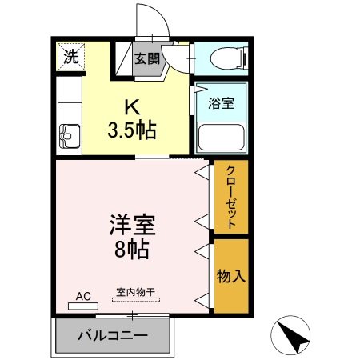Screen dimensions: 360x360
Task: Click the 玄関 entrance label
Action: [x=146, y=58]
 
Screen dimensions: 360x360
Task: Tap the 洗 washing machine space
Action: [x=70, y=58]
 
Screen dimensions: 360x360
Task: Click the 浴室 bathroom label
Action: [x=221, y=103]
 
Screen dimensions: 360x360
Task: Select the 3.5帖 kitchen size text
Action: [x=132, y=129]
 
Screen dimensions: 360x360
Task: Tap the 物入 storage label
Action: [x=230, y=276]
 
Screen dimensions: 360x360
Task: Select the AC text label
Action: [x=84, y=296]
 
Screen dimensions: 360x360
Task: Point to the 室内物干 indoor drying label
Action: [x=135, y=292]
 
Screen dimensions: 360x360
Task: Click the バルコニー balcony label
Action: [x=112, y=334]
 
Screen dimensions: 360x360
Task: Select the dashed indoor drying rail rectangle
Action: [x=136, y=300]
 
